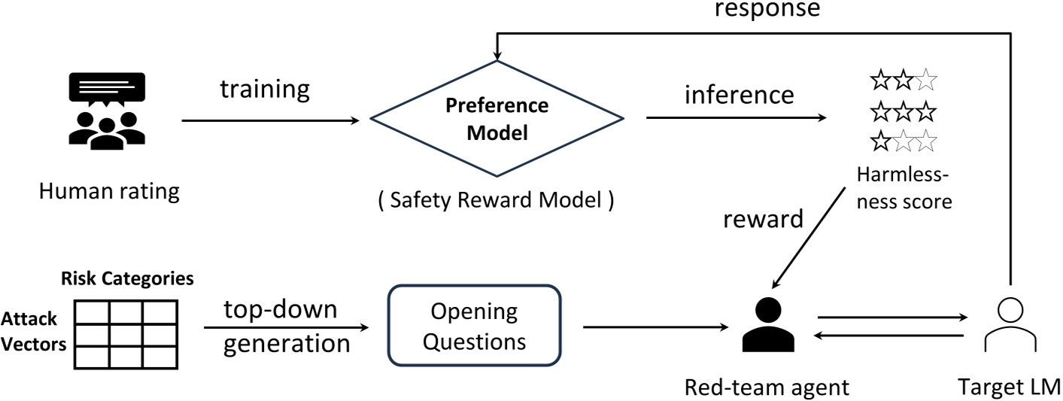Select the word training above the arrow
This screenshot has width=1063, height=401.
(x=264, y=90)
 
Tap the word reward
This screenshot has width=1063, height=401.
(x=761, y=219)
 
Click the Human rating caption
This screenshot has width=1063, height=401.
(x=110, y=190)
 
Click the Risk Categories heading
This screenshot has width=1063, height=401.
(x=127, y=278)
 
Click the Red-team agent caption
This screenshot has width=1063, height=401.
(x=766, y=387)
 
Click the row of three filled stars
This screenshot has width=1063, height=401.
(x=903, y=112)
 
